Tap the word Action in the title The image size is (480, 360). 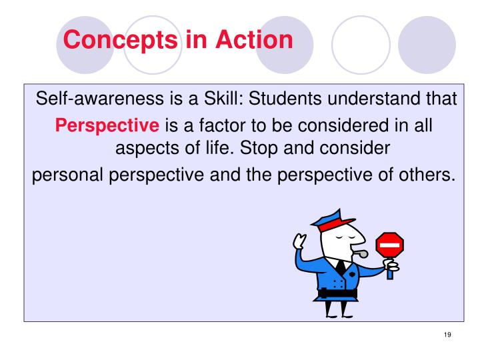coord(254,40)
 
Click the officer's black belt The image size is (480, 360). coord(337,292)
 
